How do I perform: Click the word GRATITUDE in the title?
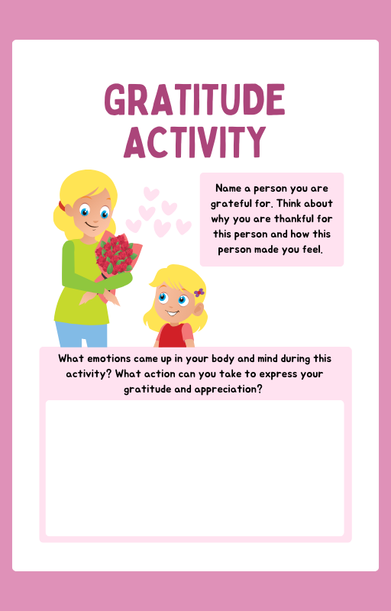click(195, 100)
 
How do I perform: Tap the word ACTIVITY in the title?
click(195, 141)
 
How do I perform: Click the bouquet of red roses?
click(115, 254)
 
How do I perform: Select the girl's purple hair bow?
click(199, 293)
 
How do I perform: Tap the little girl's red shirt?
click(173, 336)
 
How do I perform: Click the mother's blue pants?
click(81, 335)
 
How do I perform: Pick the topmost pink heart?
click(152, 193)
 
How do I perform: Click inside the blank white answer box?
click(195, 467)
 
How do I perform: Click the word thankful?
click(305, 218)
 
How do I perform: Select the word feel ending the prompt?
click(310, 249)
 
